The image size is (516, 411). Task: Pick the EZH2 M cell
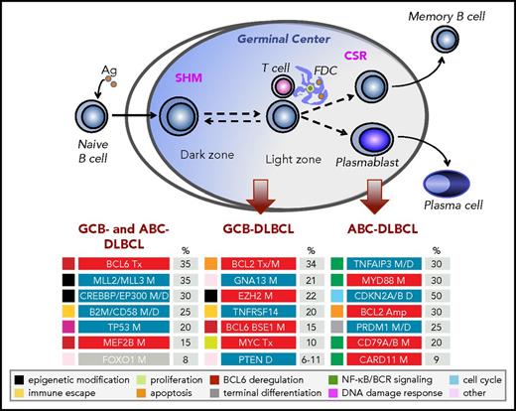[x=261, y=305]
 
